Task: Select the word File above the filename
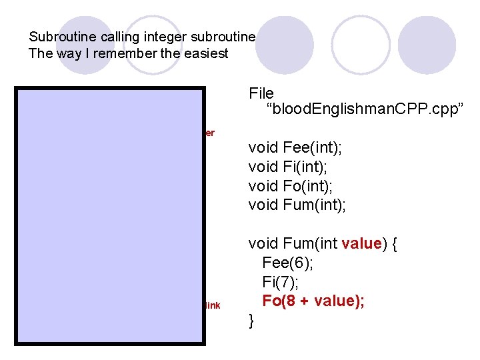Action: click(x=261, y=93)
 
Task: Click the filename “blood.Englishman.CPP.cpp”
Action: click(x=353, y=110)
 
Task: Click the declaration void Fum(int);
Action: click(x=297, y=204)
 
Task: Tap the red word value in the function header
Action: click(x=361, y=244)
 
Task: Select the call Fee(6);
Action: click(x=288, y=263)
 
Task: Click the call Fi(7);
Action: click(x=281, y=282)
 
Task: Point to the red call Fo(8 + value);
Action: click(x=313, y=301)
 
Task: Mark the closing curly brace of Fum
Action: click(x=251, y=321)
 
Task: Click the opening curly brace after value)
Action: click(x=395, y=244)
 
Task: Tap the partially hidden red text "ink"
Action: click(x=213, y=306)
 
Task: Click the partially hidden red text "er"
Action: click(x=210, y=133)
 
